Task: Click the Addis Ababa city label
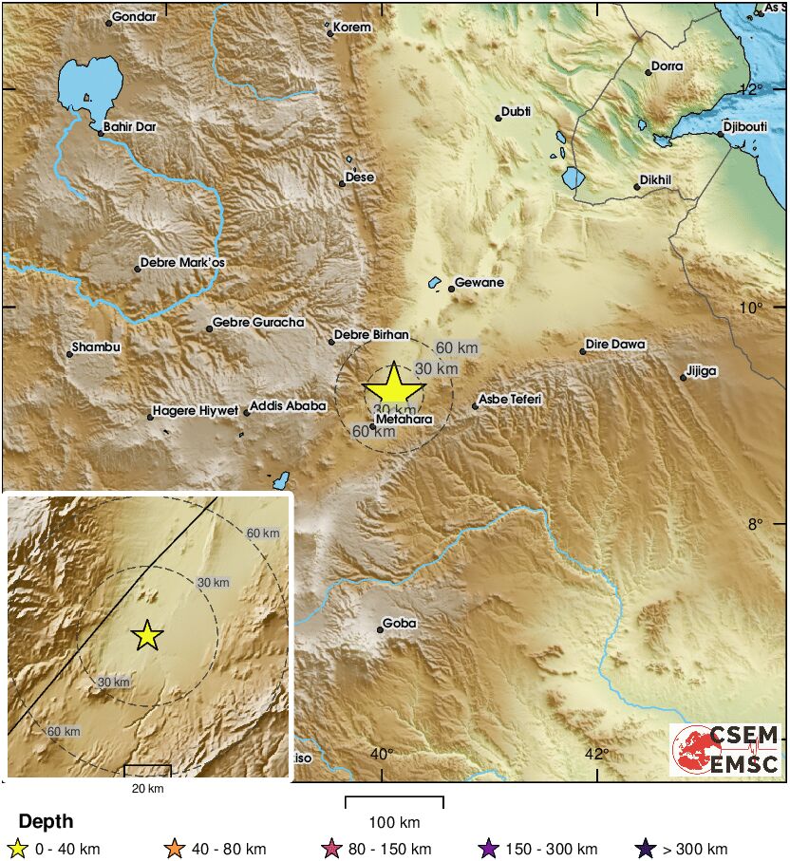pos(290,406)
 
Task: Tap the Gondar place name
pos(133,16)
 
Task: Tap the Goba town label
pos(400,624)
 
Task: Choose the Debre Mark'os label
pos(183,263)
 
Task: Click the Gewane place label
pos(480,283)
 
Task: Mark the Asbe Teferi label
pos(510,400)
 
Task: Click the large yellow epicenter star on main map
pos(394,388)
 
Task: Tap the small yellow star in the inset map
pos(146,635)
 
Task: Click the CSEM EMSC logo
pos(726,750)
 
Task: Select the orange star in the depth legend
pos(174,849)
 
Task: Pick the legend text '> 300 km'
pos(695,850)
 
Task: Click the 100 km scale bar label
pos(394,822)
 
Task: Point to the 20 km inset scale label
pos(147,789)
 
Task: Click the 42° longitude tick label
pos(596,754)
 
